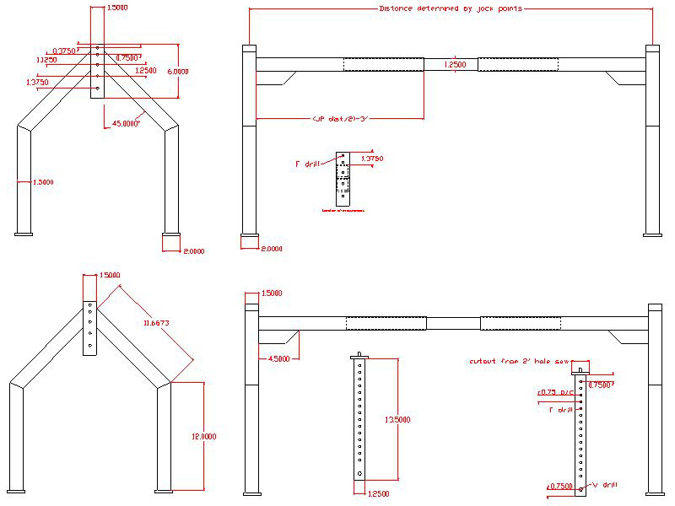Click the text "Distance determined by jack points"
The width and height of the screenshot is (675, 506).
coord(451,8)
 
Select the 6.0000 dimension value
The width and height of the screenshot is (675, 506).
coord(177,72)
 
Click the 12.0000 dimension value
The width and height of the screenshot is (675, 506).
coord(203,437)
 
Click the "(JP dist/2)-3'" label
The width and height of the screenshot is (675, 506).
coord(340,119)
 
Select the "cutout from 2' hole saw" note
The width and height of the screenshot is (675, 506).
coord(510,361)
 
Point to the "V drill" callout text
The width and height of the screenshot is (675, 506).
coord(605,485)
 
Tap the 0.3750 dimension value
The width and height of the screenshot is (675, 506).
coord(64,51)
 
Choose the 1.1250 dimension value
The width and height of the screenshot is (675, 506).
coord(46,61)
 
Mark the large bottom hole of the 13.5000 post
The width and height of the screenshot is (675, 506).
coord(360,474)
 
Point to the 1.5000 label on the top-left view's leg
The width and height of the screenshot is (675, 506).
coord(42,182)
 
